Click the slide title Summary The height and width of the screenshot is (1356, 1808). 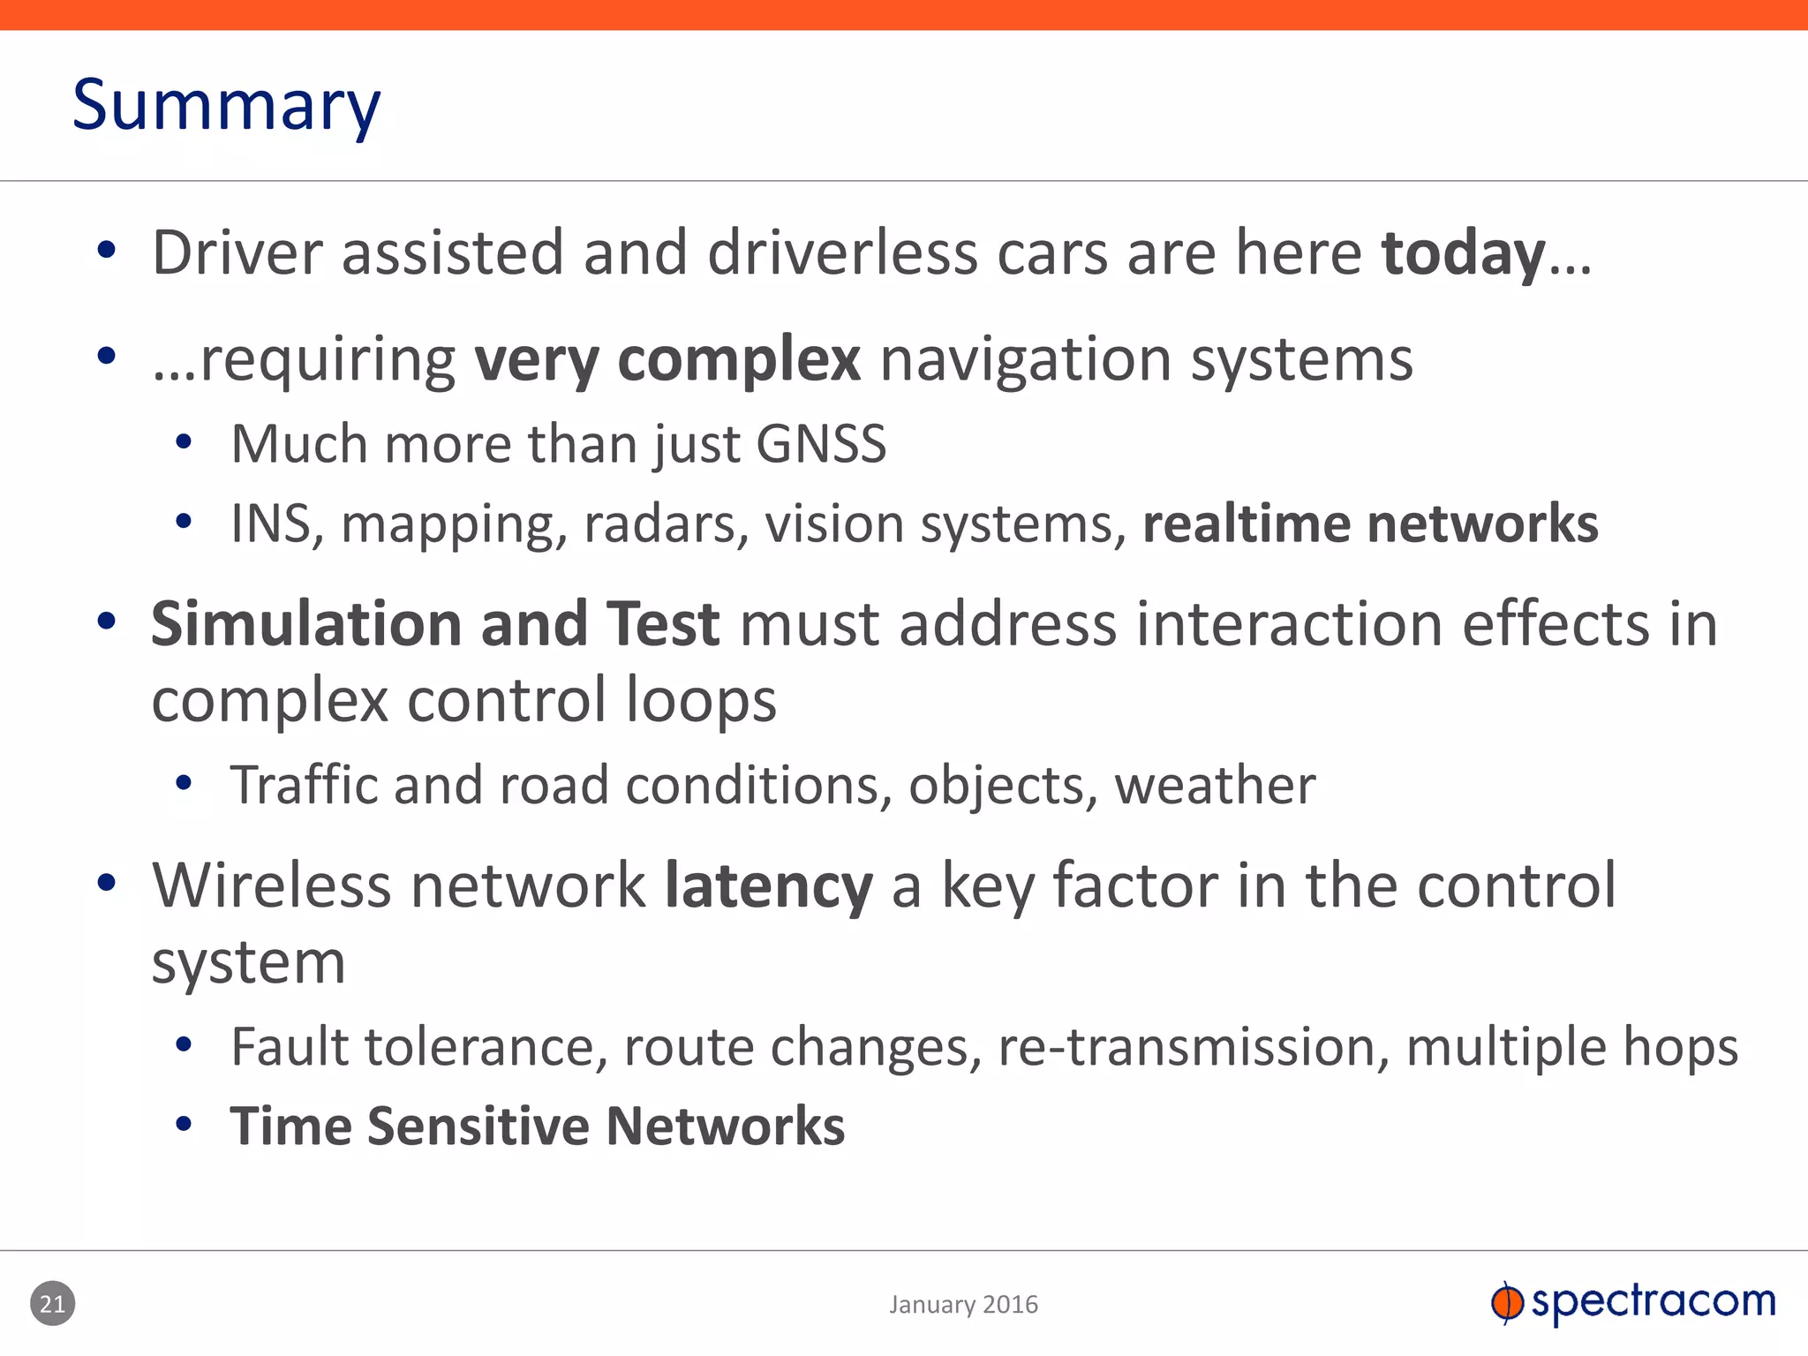226,106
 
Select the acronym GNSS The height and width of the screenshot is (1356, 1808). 821,444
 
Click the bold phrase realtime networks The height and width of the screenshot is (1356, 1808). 1369,524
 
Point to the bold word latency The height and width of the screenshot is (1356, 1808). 768,886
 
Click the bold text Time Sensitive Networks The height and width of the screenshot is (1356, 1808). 537,1127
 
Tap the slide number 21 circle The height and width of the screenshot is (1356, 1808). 53,1304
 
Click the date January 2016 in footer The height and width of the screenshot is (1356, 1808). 963,1305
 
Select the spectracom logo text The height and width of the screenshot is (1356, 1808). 1653,1302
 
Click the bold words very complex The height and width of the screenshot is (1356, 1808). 667,360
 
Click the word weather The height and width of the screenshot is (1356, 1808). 1215,786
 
